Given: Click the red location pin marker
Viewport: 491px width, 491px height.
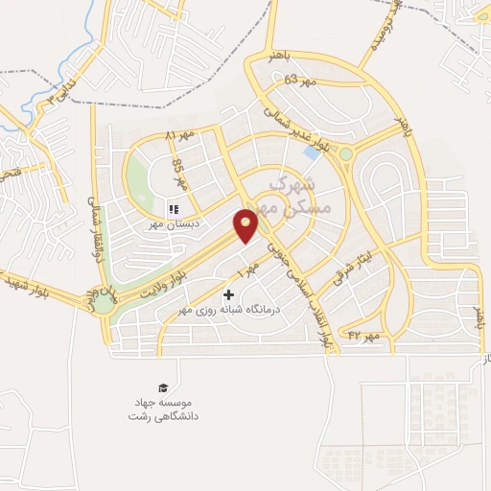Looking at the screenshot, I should click(247, 225).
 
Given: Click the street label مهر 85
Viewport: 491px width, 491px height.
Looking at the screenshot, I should click(177, 172).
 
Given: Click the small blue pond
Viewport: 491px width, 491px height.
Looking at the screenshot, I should click(312, 152).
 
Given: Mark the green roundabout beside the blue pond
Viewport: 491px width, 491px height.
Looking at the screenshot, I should click(345, 153).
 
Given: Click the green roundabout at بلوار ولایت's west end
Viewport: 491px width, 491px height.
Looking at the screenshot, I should click(103, 304).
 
